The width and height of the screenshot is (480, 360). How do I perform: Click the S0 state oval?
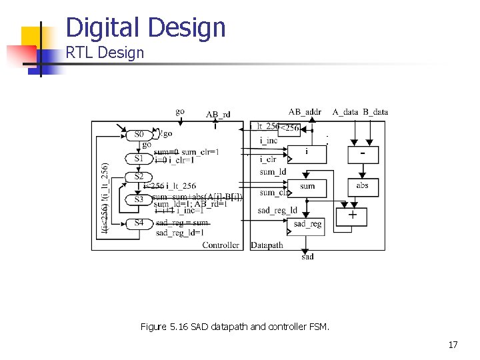pos(139,135)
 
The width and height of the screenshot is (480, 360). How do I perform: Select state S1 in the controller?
pos(139,159)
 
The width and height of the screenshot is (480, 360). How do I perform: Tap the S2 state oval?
pos(139,177)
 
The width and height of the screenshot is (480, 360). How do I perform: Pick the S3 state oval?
pos(139,199)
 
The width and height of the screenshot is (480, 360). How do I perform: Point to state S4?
pos(139,223)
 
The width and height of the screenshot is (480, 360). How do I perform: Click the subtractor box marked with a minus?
pos(362,153)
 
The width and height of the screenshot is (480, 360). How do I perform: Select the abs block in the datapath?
pos(362,186)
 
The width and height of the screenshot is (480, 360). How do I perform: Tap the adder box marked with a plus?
pos(352,216)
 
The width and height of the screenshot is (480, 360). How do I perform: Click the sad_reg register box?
pos(307,224)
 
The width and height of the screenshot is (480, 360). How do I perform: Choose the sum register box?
pos(307,187)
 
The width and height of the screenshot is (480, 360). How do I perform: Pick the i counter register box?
pos(307,153)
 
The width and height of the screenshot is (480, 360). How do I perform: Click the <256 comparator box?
pos(289,127)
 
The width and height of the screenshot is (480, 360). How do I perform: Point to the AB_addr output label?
pos(305,112)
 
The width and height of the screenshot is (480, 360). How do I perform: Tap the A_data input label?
pos(346,112)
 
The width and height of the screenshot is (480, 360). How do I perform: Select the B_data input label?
pos(376,112)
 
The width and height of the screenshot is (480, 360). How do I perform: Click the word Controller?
pos(221,245)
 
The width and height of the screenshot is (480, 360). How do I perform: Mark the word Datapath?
pos(267,245)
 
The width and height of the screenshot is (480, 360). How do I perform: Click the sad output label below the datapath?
pos(307,257)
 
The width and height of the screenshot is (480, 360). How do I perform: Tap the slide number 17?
pos(453,345)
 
